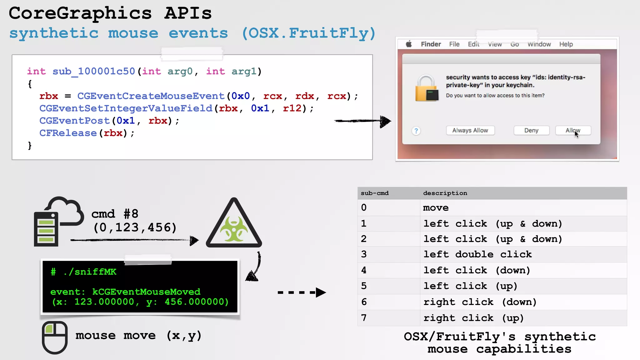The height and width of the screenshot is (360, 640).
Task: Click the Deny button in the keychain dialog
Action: pyautogui.click(x=531, y=130)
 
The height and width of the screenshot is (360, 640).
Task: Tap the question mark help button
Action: pyautogui.click(x=416, y=131)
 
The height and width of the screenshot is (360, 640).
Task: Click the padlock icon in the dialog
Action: pyautogui.click(x=426, y=88)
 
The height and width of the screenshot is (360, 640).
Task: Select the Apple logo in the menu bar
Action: pyautogui.click(x=409, y=44)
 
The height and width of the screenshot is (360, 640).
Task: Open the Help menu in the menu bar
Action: pyautogui.click(x=566, y=44)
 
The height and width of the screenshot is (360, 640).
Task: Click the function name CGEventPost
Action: pyautogui.click(x=74, y=121)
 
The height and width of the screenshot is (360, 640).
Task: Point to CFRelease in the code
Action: pyautogui.click(x=68, y=133)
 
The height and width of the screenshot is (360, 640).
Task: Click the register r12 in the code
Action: pyautogui.click(x=292, y=108)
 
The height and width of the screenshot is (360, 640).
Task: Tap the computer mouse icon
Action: pyautogui.click(x=55, y=337)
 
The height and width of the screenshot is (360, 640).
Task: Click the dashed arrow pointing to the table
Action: pyautogui.click(x=301, y=292)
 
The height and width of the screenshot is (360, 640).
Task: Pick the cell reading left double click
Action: pyautogui.click(x=477, y=254)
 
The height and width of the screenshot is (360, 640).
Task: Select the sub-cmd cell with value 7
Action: pyautogui.click(x=364, y=318)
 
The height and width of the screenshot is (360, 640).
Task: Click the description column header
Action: pyautogui.click(x=445, y=193)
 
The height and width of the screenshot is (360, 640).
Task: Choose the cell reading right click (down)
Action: pyautogui.click(x=480, y=302)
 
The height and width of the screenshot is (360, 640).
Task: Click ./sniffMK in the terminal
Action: pyautogui.click(x=90, y=272)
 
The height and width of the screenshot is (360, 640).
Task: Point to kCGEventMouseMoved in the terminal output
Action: pyautogui.click(x=146, y=292)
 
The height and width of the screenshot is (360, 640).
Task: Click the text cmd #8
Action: pyautogui.click(x=115, y=214)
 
